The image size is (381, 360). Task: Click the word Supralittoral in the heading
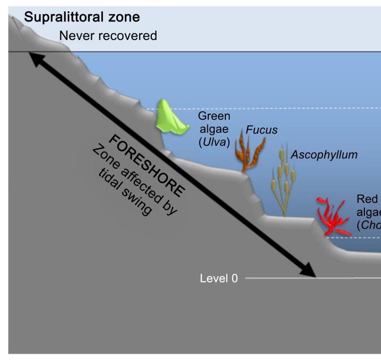[62, 18]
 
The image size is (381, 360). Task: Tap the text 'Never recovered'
[108, 36]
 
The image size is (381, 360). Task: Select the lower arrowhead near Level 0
[309, 271]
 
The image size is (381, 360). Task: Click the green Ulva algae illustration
[171, 120]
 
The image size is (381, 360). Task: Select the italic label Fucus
[261, 130]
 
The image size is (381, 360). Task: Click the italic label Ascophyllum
[324, 155]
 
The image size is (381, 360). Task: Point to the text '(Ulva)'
[214, 142]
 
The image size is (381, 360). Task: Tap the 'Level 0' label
[219, 279]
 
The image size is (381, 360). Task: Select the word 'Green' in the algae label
[214, 117]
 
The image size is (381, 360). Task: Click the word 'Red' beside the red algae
[367, 199]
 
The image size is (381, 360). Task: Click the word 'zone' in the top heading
[125, 18]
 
